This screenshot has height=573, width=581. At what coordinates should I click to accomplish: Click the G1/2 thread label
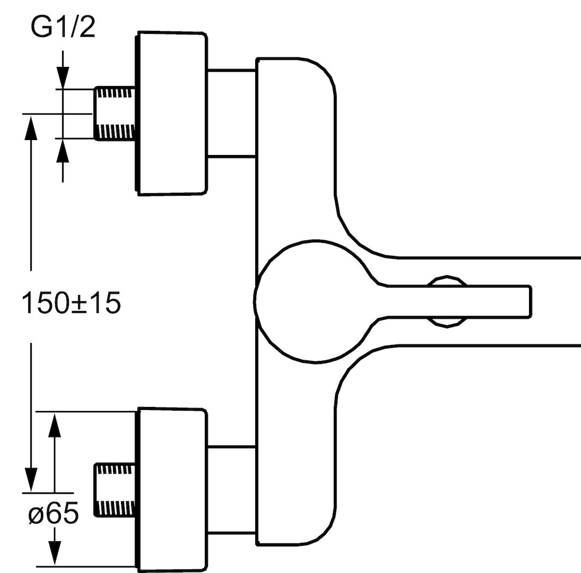(63, 27)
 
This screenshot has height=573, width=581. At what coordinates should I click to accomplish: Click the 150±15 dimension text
(72, 302)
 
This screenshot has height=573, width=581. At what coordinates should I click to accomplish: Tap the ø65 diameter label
(54, 513)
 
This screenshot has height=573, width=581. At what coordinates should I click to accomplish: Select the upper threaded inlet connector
(115, 114)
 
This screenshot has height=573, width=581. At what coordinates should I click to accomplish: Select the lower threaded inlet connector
(115, 490)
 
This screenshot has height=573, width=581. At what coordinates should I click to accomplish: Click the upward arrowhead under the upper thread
(63, 150)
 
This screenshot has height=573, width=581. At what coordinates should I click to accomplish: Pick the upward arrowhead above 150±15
(31, 127)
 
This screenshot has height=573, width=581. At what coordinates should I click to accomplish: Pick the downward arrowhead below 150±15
(31, 480)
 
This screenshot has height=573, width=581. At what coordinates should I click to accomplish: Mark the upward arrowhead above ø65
(55, 425)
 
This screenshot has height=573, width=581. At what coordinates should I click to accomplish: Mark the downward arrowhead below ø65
(55, 553)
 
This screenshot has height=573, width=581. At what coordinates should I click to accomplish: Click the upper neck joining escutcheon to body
(232, 113)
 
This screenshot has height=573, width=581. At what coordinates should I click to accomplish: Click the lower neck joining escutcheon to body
(232, 490)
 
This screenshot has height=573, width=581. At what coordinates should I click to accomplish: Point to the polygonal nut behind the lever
(447, 301)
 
